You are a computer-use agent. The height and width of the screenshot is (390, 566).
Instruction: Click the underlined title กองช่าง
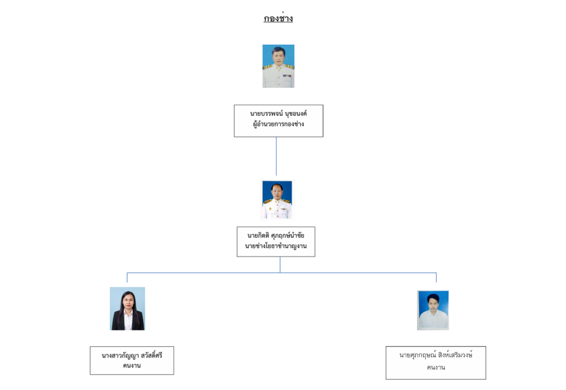click(278, 18)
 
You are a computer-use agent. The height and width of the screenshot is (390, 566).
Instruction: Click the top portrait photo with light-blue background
click(279, 66)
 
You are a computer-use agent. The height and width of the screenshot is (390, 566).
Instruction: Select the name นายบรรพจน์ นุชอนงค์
click(279, 114)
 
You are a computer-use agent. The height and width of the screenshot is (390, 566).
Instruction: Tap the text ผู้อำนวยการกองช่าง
click(279, 124)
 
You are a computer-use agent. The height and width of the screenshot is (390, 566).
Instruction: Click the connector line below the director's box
click(276, 156)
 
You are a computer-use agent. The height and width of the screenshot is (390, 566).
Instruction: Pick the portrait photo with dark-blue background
click(277, 200)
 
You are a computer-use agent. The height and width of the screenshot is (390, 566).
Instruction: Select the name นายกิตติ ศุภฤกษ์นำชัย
click(276, 236)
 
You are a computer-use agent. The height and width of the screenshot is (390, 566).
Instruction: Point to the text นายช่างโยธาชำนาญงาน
click(276, 246)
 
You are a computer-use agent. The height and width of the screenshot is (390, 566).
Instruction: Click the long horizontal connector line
click(281, 273)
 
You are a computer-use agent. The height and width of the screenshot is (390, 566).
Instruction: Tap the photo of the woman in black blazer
click(128, 308)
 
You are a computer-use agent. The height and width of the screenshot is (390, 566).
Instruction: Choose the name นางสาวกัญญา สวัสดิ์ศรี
click(132, 355)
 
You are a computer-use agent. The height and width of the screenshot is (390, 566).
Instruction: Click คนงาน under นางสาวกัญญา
click(132, 366)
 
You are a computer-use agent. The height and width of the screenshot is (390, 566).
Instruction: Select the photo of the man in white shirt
click(433, 310)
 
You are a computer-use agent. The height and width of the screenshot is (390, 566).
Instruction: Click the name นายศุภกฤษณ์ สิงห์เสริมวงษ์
click(436, 355)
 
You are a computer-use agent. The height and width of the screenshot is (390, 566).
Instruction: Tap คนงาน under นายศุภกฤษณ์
click(436, 367)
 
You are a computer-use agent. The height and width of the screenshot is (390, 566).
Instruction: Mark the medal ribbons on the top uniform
click(287, 76)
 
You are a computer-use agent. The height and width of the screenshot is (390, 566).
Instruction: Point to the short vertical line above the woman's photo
click(127, 277)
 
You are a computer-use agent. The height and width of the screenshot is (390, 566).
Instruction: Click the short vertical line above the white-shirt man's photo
click(436, 277)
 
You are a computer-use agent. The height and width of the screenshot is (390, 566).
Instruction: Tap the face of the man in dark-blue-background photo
click(276, 191)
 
